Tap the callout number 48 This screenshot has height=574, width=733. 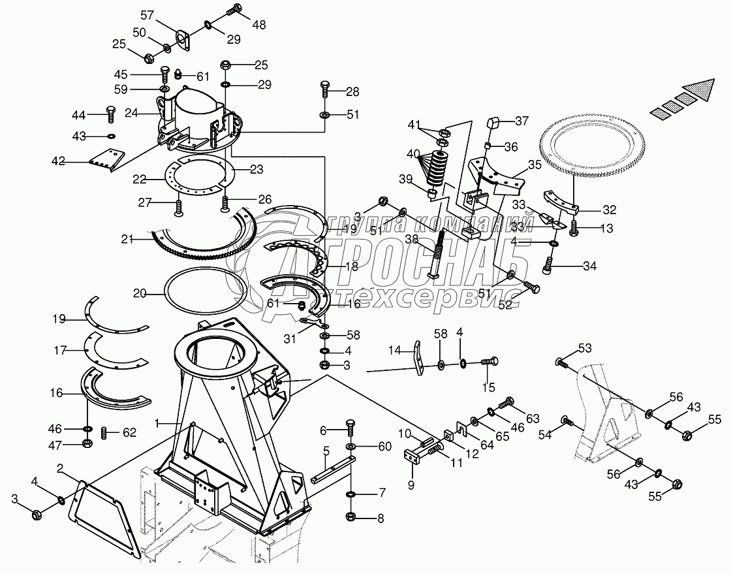click(259, 25)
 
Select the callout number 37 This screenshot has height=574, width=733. click(522, 121)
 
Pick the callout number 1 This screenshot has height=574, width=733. click(157, 424)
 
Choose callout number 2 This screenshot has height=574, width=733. click(59, 468)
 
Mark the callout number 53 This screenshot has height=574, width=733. click(584, 347)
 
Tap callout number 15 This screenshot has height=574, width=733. click(489, 388)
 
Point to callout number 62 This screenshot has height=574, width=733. click(130, 432)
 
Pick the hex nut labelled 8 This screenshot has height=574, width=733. click(351, 518)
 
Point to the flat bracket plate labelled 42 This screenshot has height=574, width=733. click(104, 159)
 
